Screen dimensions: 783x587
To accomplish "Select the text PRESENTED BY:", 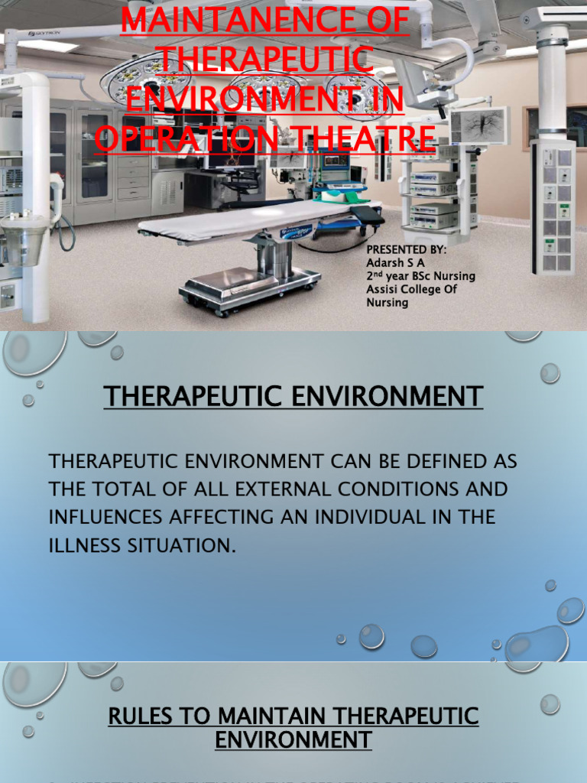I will coord(406,250).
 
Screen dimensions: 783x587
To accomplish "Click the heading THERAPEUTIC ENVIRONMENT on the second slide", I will coord(293,396).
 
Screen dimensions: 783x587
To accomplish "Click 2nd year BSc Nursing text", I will coord(420,276).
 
